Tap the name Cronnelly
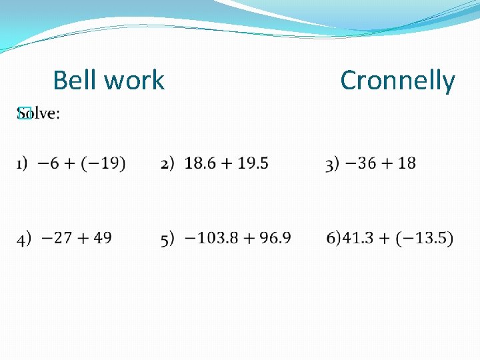click(397, 81)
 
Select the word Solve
click(38, 114)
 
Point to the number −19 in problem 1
click(106, 163)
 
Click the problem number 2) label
click(167, 163)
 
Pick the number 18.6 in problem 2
click(202, 163)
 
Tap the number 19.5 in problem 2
click(251, 163)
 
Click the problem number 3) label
click(332, 164)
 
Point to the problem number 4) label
click(25, 238)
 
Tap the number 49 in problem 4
click(102, 237)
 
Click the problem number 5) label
click(167, 238)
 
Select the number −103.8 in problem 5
click(211, 237)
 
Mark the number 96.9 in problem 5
click(273, 237)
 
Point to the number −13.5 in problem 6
click(427, 237)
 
